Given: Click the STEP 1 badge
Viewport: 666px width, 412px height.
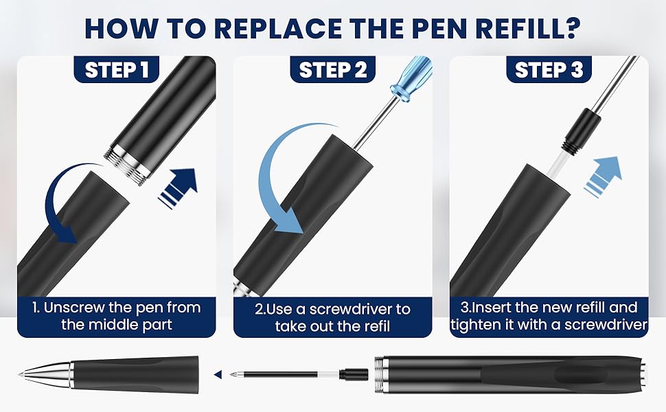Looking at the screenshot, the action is [x=117, y=69].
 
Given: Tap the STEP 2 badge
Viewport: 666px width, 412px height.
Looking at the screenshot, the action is [x=332, y=69].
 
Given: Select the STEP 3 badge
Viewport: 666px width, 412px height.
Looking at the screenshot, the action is [x=549, y=69].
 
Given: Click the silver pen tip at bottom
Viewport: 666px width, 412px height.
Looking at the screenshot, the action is [x=46, y=374].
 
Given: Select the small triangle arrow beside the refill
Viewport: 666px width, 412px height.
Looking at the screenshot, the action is [x=218, y=374].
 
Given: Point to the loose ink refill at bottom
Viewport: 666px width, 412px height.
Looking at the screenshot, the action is [x=299, y=374].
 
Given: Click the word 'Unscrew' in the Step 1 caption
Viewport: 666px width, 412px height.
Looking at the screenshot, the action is [x=74, y=307].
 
